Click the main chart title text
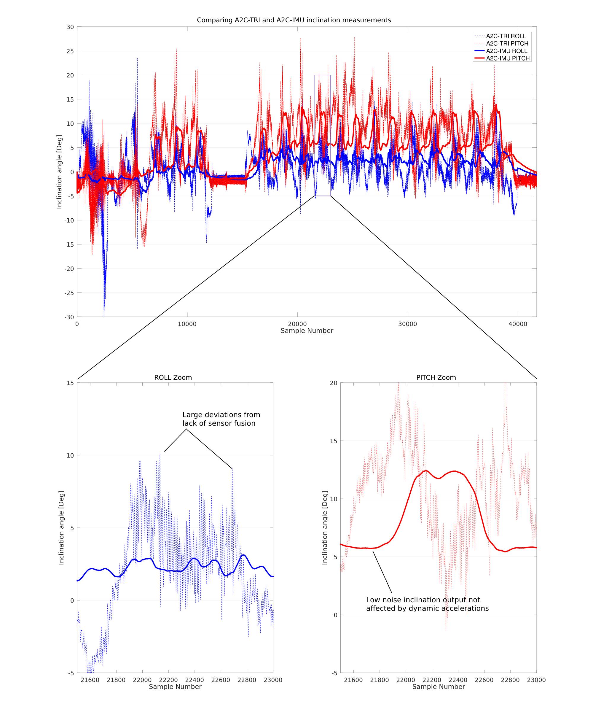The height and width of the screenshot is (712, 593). tap(294, 20)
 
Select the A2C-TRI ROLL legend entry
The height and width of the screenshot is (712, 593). tap(506, 36)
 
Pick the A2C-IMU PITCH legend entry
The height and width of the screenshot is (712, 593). tap(508, 58)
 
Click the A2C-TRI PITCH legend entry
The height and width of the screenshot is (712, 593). tap(507, 44)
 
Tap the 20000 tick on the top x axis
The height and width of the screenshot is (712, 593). tap(297, 324)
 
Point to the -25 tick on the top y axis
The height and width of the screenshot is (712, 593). tap(69, 293)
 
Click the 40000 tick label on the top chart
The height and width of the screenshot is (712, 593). tap(517, 324)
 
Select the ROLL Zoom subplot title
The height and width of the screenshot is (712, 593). tap(173, 377)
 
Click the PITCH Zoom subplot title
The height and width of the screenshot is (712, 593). tap(436, 377)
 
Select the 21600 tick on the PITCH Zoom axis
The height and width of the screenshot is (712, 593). tap(353, 680)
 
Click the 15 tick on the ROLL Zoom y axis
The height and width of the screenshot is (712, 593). tap(70, 383)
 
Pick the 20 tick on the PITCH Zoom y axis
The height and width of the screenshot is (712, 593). tap(334, 383)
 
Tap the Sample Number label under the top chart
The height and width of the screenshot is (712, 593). tap(307, 330)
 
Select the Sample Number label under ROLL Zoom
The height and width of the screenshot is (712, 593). tap(175, 686)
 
